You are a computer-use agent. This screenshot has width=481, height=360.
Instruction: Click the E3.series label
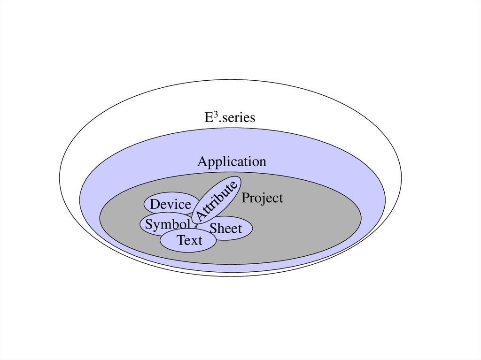(x=230, y=117)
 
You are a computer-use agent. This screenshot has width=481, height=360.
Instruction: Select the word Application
(x=232, y=162)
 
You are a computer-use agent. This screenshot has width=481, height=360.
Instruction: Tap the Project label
(x=262, y=199)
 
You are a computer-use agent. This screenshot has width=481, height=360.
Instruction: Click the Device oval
(x=170, y=205)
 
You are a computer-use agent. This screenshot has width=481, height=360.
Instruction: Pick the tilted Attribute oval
(x=217, y=200)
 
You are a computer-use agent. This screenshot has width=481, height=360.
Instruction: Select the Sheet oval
(x=226, y=229)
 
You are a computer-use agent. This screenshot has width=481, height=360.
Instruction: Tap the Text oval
(x=189, y=241)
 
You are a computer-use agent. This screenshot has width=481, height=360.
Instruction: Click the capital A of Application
(x=202, y=162)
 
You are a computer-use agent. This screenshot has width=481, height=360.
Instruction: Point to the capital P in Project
(x=245, y=198)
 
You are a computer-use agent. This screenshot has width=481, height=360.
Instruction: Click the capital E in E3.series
(x=208, y=117)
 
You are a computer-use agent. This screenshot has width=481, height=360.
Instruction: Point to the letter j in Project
(x=261, y=199)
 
